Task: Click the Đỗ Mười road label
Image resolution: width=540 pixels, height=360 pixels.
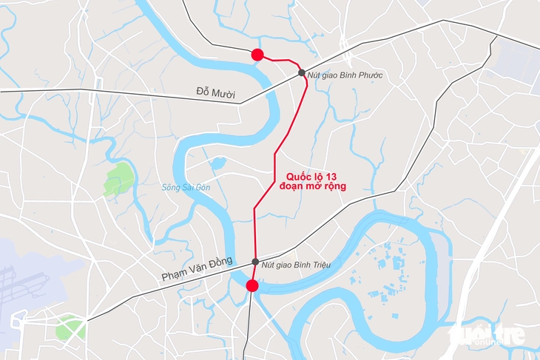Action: point(215,93)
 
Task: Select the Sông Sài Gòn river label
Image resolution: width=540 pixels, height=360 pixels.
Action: point(186,187)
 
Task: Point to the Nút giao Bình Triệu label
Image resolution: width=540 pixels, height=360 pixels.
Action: point(296,264)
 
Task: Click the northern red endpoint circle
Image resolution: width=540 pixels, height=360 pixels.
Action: point(257,54)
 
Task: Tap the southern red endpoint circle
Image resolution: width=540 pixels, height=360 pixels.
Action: point(252,286)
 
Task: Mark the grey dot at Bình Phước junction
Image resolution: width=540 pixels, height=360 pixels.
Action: point(302,72)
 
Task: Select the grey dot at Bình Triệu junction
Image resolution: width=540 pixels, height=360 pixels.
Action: point(255,262)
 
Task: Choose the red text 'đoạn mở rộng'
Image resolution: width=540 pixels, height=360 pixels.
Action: point(313,186)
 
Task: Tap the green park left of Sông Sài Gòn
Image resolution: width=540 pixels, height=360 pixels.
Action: point(118,178)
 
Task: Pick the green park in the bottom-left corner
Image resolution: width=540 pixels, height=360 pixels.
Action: point(70,326)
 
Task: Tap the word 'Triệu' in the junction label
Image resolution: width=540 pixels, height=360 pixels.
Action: point(317,264)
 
